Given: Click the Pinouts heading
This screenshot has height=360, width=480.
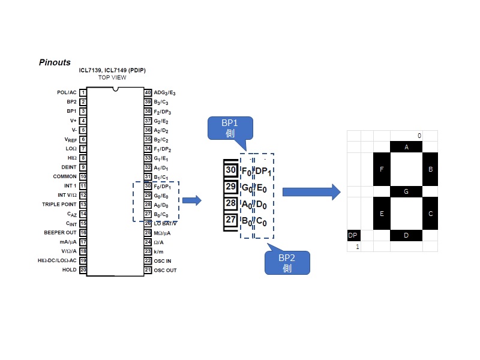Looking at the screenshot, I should tap(55, 62).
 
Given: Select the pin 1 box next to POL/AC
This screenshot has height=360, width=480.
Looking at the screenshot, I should tap(83, 92).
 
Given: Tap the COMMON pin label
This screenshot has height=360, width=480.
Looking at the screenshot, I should tap(65, 176).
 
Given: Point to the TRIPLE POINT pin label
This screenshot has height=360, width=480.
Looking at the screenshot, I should tap(59, 205).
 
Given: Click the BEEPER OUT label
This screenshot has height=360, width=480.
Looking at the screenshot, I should tap(60, 232).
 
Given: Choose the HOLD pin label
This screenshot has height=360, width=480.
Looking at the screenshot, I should tap(70, 269).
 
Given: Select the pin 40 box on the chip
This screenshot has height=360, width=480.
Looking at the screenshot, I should tap(148, 92).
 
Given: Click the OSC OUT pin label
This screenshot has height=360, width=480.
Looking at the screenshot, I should tap(165, 270).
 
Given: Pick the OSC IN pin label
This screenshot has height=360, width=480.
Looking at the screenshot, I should tap(163, 260).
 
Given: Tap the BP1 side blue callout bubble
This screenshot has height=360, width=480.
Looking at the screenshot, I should tap(230, 128).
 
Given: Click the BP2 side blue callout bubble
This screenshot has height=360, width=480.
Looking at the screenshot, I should tap(287, 263).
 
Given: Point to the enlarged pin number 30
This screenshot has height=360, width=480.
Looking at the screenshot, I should tap(231, 170).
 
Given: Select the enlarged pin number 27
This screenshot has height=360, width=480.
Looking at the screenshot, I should tap(231, 220).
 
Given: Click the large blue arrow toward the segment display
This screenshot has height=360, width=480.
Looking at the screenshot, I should tap(311, 192).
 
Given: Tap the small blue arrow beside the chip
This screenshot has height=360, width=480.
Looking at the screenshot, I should tap(191, 200).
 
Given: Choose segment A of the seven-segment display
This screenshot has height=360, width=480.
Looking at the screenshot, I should tap(406, 147).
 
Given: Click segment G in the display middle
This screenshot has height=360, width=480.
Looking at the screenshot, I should tap(406, 191).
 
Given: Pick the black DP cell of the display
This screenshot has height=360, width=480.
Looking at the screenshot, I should tap(353, 235).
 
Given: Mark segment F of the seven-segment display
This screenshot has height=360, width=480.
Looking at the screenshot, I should tap(382, 169).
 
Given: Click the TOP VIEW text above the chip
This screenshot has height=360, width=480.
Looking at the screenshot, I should tap(112, 77).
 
